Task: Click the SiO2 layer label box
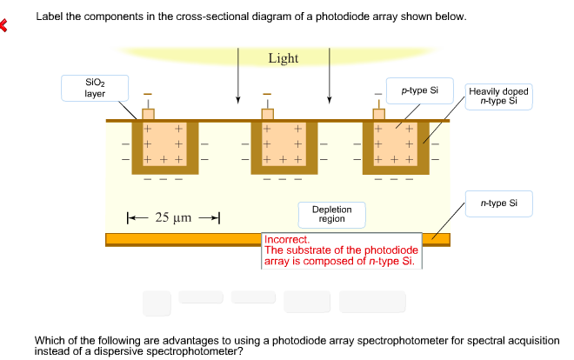(94, 88)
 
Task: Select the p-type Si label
(420, 90)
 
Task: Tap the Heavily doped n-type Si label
(497, 96)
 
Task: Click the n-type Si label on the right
(498, 203)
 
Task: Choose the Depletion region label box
(331, 214)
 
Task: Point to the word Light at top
(283, 58)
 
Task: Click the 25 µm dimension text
(173, 216)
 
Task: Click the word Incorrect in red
(286, 239)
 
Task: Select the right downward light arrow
(329, 83)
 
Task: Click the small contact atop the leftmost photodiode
(148, 114)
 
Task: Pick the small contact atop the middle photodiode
(268, 114)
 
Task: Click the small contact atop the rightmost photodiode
(378, 114)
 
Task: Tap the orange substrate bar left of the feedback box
(183, 238)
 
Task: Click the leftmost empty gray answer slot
(157, 302)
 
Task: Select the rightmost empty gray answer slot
(372, 301)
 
